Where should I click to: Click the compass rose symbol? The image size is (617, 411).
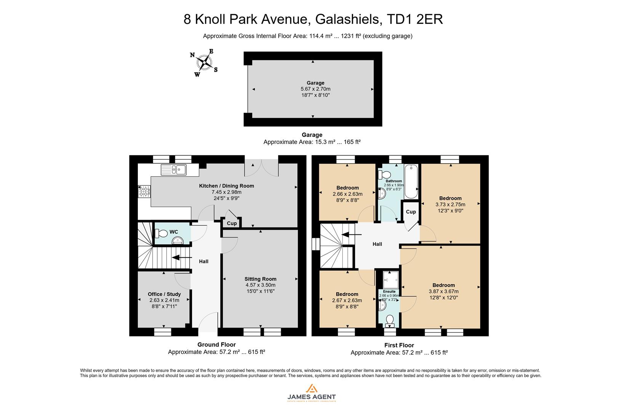tap(205, 63)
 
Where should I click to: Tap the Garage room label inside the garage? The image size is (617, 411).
tap(315, 83)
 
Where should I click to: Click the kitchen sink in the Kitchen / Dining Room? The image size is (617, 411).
tap(174, 169)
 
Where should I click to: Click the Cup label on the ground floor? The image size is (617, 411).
tap(232, 223)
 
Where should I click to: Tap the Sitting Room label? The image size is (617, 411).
tap(261, 279)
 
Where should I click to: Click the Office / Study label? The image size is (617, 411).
tap(164, 294)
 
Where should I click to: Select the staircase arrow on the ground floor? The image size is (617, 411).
tap(181, 258)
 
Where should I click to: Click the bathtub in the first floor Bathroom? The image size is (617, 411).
tap(411, 182)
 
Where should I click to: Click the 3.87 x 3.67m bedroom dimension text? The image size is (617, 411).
tap(443, 292)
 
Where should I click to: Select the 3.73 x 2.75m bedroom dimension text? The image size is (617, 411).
tap(450, 204)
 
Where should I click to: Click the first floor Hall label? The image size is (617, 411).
tap(377, 244)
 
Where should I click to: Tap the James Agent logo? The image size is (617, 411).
tap(312, 393)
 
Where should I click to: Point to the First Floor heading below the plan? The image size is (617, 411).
tap(399, 345)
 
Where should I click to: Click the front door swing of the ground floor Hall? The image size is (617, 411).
tap(208, 322)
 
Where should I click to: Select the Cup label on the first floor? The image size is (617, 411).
tap(411, 212)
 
